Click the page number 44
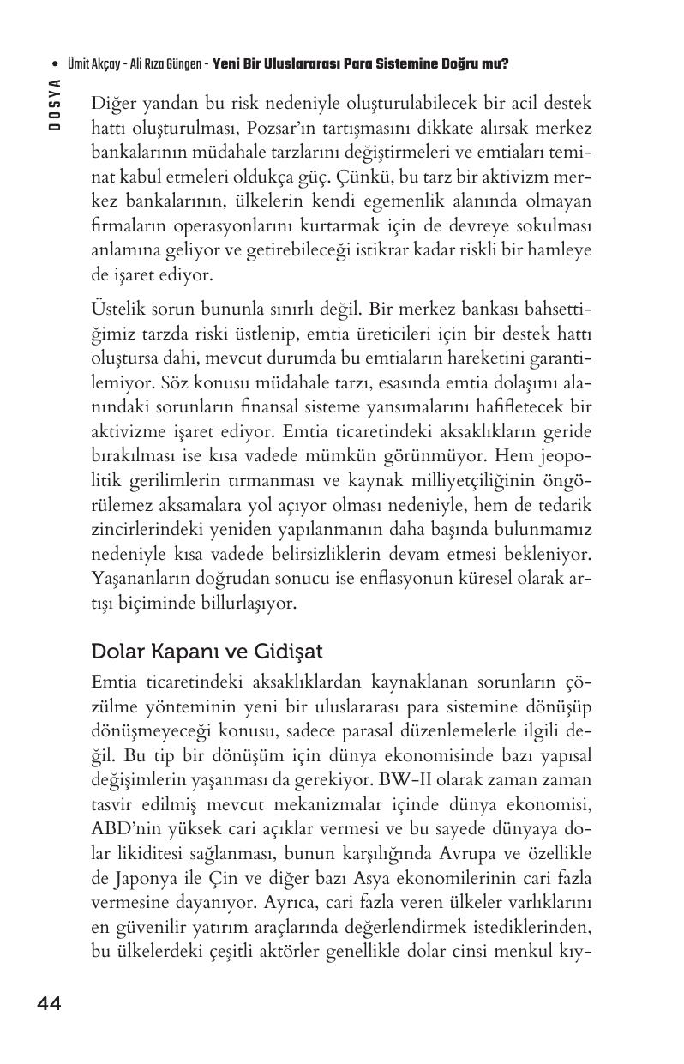click(49, 1004)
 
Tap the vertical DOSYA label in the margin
click(54, 104)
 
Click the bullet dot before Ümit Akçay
click(55, 63)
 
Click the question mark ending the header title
click(506, 63)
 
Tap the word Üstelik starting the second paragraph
click(117, 308)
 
